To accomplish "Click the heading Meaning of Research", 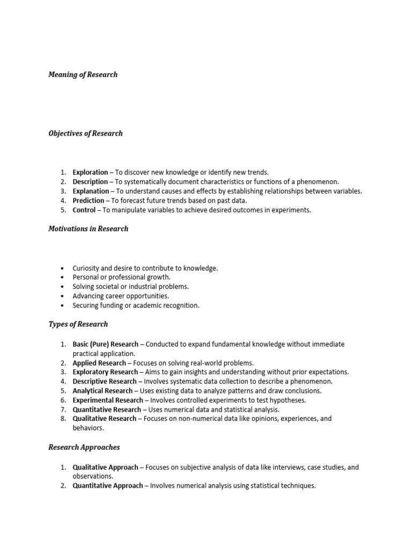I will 83,75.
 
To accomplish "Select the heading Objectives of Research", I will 86,133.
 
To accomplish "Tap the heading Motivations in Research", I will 89,229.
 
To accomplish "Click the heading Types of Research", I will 78,324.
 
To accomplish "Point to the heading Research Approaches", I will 84,447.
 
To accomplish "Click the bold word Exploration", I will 90,172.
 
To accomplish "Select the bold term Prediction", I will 89,201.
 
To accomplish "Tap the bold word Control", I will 84,210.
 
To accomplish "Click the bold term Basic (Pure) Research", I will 105,344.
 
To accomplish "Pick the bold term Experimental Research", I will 108,400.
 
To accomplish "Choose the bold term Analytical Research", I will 103,391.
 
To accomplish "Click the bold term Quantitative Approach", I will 108,486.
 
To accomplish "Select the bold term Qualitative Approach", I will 106,468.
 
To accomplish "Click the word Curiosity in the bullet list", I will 87,268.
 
